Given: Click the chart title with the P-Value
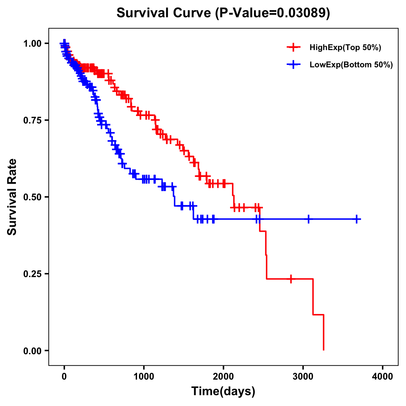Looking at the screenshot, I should click(x=223, y=13).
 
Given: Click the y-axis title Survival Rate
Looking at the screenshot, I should click(x=12, y=197).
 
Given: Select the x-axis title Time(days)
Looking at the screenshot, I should click(x=223, y=391).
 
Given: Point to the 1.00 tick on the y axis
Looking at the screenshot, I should click(x=33, y=44).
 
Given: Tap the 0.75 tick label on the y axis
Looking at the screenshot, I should click(x=33, y=120).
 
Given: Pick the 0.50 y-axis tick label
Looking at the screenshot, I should click(x=33, y=197).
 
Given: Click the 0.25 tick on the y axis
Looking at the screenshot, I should click(x=33, y=274).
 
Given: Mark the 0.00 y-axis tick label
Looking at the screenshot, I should click(x=33, y=351).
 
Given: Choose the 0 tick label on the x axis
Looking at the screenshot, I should click(x=64, y=377).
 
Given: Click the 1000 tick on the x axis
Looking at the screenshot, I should click(x=144, y=377).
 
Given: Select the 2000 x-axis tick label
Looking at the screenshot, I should click(x=223, y=377).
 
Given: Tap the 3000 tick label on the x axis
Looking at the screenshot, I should click(x=303, y=377).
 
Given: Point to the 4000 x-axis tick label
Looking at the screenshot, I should click(x=383, y=377).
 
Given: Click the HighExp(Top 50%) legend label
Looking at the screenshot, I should click(x=345, y=48).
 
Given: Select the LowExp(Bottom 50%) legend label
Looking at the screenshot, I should click(x=351, y=65).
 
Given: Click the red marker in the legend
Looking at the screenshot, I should click(x=293, y=47).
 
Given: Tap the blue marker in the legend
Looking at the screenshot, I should click(x=293, y=64).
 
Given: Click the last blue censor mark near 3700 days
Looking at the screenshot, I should click(x=357, y=219).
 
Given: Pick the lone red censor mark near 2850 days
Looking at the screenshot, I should click(x=291, y=279).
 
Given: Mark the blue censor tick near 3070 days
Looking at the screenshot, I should click(x=308, y=219).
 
